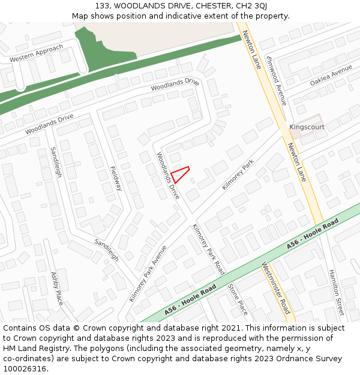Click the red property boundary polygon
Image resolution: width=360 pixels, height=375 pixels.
click(x=180, y=174)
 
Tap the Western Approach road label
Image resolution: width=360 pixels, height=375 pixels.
click(x=36, y=54)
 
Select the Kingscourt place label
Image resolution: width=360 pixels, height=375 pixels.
click(x=307, y=127)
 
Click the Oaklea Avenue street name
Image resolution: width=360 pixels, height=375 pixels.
click(x=331, y=76)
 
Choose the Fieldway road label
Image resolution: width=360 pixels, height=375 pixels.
click(x=116, y=178)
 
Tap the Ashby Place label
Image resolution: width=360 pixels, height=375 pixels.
click(x=57, y=289)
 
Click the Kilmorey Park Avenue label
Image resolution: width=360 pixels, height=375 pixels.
click(x=148, y=273)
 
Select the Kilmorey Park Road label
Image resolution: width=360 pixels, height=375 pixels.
click(x=208, y=249)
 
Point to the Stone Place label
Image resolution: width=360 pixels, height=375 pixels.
click(x=238, y=299)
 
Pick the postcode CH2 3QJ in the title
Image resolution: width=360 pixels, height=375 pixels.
click(x=251, y=5)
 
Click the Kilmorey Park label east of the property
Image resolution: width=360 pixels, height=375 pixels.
click(x=238, y=175)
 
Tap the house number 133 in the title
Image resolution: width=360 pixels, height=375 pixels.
click(x=101, y=5)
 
